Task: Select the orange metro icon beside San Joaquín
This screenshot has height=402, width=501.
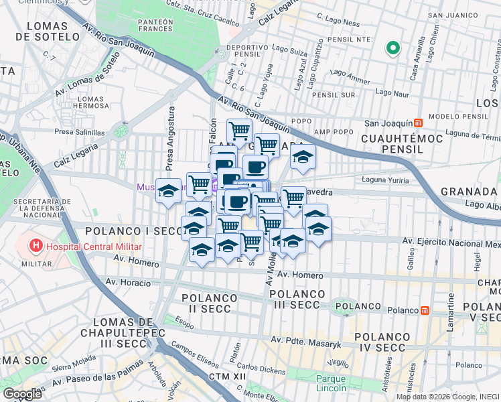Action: coord(418,123)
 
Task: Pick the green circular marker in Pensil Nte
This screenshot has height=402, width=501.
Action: coord(393,48)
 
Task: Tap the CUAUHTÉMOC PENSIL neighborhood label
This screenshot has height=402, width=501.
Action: coord(392,143)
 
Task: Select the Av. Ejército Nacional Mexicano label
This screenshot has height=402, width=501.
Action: coord(451,241)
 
